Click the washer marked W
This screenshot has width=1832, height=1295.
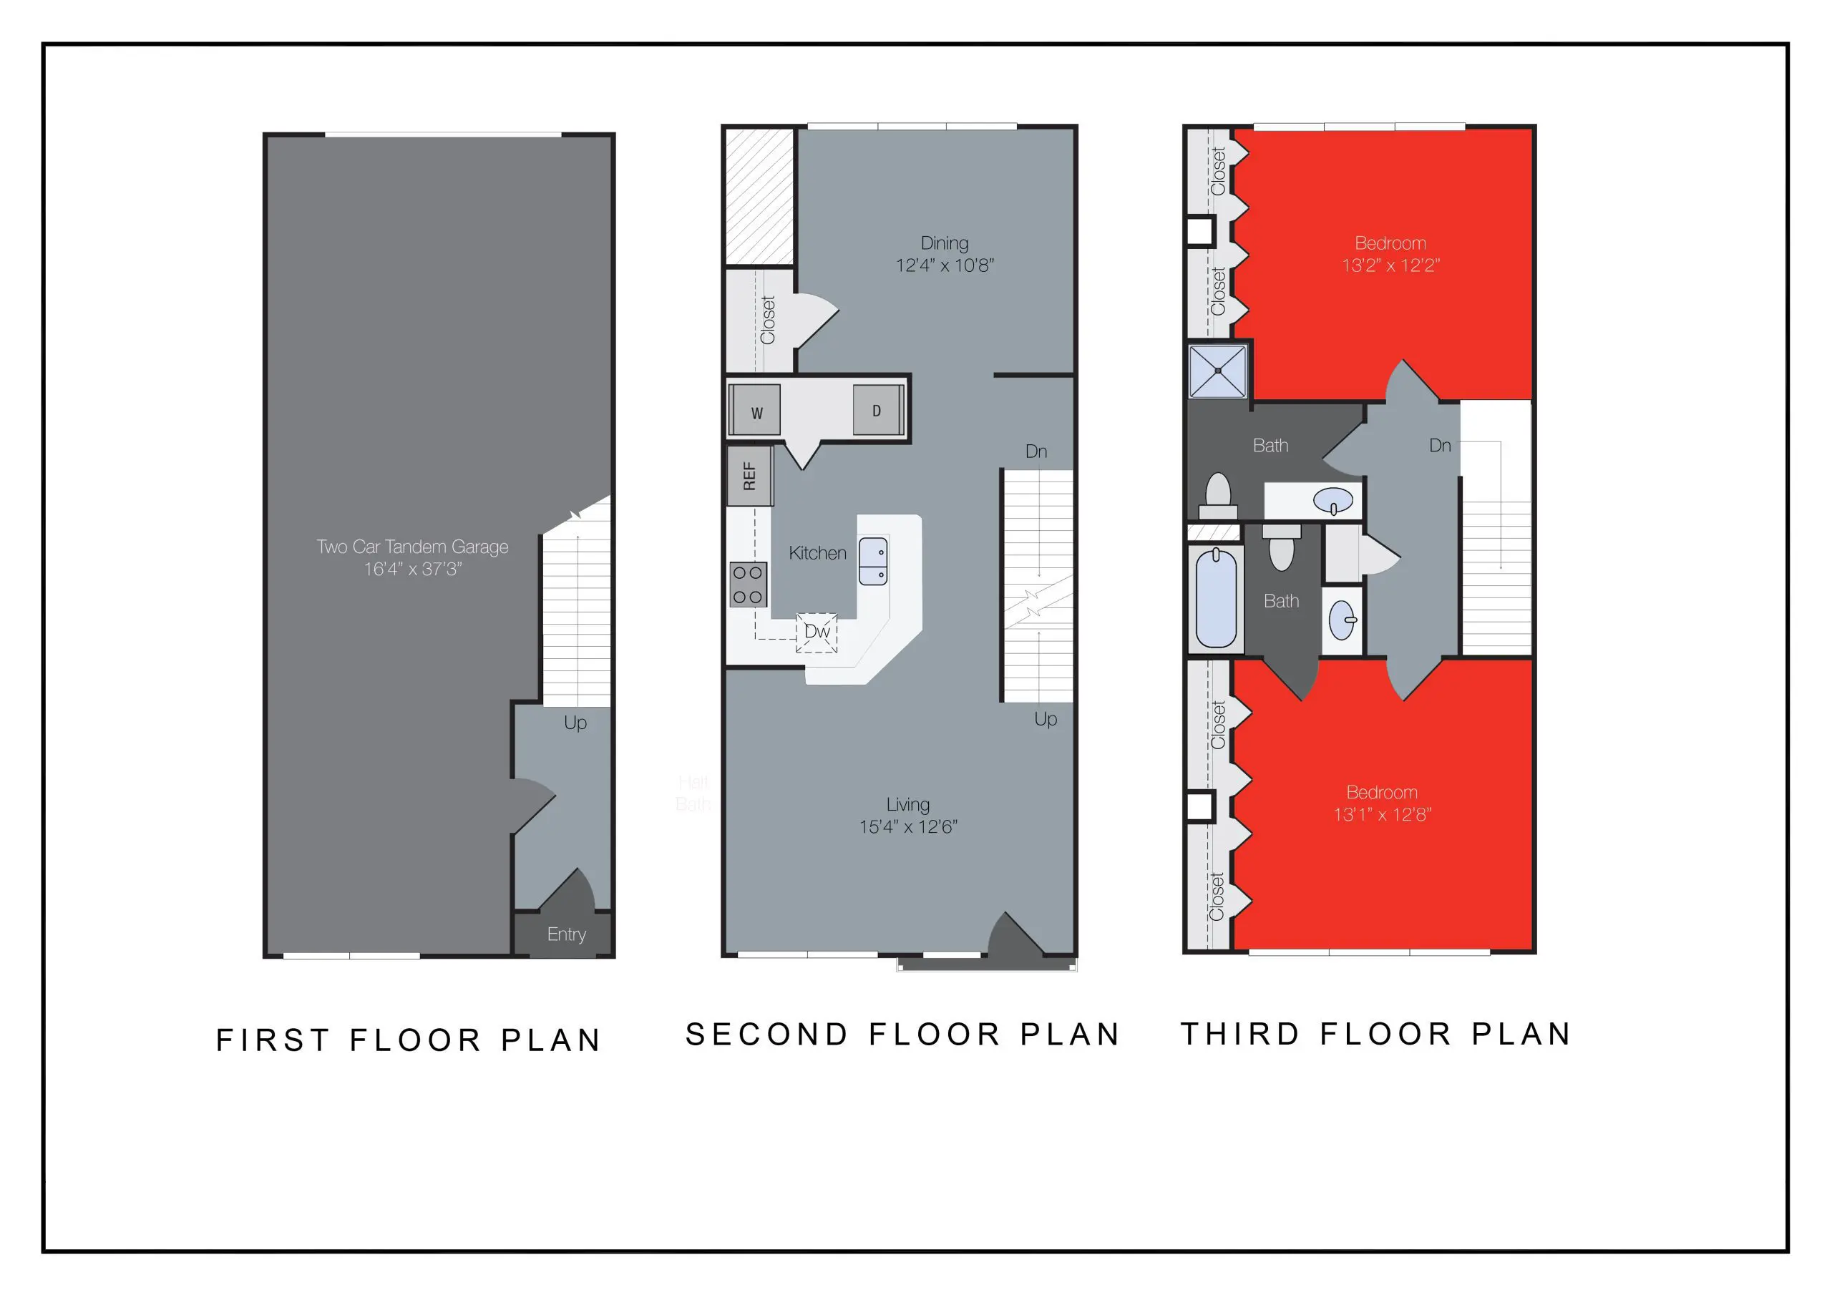click(755, 411)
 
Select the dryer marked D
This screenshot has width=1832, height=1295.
click(876, 410)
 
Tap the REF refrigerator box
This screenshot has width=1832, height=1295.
click(749, 476)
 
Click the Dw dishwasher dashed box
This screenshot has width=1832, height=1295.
click(817, 632)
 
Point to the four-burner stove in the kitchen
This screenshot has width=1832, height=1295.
click(748, 584)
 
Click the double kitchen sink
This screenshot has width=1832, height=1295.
click(873, 562)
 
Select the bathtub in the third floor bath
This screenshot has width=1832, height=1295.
click(1217, 597)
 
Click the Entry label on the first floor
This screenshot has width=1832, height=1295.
click(567, 934)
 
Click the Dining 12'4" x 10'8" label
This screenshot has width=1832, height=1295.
click(945, 254)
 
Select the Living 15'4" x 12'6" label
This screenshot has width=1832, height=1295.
click(908, 815)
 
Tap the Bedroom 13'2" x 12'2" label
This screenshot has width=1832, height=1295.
click(1390, 254)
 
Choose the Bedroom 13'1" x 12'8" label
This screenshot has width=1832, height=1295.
click(1382, 803)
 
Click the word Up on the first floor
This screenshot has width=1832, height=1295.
click(575, 722)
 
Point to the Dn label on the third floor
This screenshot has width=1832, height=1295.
click(1439, 445)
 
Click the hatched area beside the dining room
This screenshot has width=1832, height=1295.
click(759, 196)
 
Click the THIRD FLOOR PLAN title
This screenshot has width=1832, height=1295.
click(1375, 1034)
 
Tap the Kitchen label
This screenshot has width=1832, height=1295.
click(817, 553)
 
